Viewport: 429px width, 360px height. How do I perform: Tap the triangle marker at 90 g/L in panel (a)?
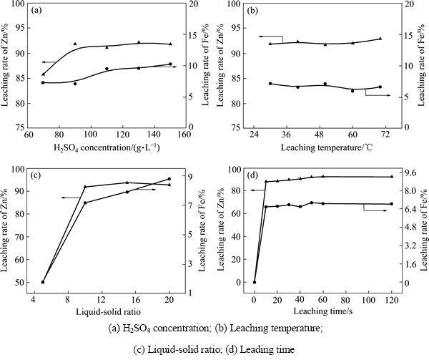click(x=74, y=44)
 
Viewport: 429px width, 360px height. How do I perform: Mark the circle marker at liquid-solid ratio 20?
click(x=169, y=179)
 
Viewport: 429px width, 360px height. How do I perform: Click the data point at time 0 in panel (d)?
click(x=255, y=282)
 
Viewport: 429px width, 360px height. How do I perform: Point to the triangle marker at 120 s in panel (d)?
click(x=390, y=177)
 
